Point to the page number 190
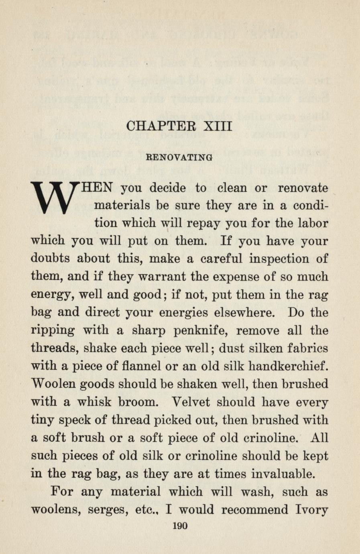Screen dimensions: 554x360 (x=179, y=526)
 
